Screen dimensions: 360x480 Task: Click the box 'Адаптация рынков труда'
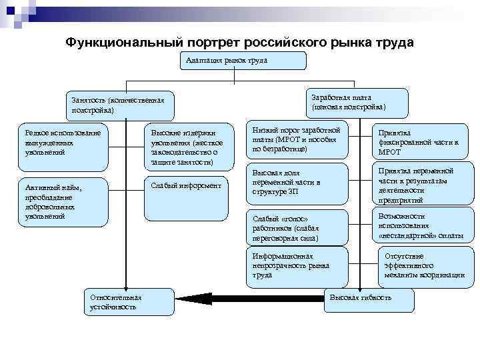(x=241, y=61)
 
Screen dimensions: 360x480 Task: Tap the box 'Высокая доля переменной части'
(x=297, y=183)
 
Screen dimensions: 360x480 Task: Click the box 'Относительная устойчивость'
(x=127, y=301)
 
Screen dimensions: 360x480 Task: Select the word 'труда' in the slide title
(x=392, y=43)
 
